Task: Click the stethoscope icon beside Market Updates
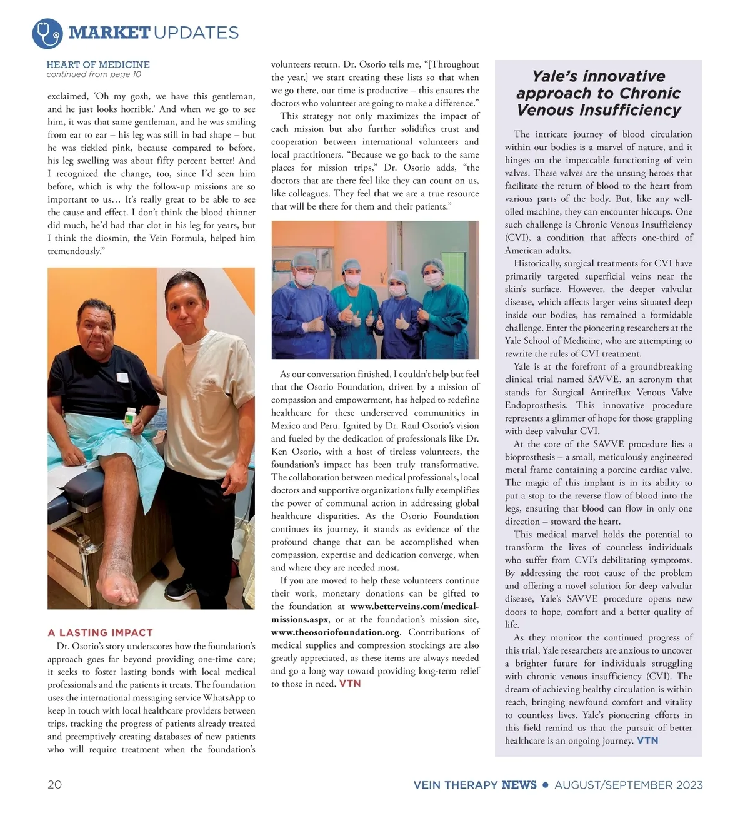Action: point(47,33)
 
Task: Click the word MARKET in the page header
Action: point(109,33)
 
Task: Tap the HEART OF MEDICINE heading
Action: point(98,64)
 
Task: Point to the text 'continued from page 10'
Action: point(94,74)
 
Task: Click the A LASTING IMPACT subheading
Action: point(101,632)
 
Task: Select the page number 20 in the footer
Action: point(55,785)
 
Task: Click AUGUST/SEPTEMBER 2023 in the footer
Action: point(629,785)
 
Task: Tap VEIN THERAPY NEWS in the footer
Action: point(475,785)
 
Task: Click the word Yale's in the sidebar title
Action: point(557,76)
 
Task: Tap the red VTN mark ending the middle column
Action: point(350,684)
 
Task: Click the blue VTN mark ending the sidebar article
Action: point(647,740)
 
